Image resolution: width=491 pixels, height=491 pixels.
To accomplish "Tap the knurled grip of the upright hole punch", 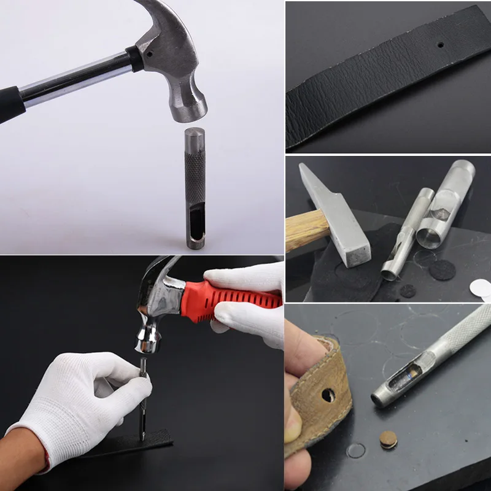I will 196,166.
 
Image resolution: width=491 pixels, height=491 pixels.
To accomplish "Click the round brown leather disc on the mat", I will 388,439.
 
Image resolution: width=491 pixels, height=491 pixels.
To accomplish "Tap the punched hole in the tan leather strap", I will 328,395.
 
